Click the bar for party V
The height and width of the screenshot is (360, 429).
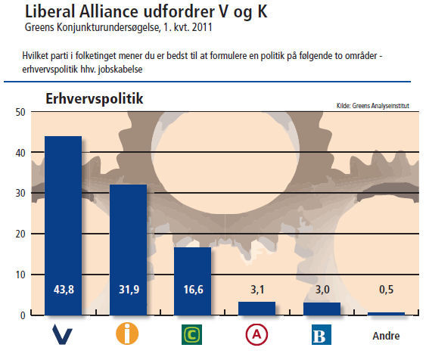click(64, 225)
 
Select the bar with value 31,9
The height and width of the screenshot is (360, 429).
click(128, 250)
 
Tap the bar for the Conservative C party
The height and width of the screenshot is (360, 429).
click(193, 281)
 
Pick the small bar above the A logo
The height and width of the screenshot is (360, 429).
click(257, 309)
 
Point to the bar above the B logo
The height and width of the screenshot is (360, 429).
click(322, 309)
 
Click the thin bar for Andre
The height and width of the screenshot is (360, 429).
click(387, 314)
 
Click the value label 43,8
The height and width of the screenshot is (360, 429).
click(64, 290)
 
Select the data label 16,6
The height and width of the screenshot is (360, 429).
click(194, 290)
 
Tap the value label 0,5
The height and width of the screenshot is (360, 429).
click(387, 290)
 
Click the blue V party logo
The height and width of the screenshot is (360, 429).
click(62, 334)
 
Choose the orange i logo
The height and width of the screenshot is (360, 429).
click(127, 334)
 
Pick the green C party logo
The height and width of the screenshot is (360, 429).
click(191, 334)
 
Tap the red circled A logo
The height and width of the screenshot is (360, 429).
click(256, 334)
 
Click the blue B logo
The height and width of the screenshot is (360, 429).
click(322, 335)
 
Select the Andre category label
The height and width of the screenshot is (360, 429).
click(386, 336)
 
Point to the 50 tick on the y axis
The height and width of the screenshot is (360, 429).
click(20, 112)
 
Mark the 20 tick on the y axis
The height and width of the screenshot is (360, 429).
click(20, 234)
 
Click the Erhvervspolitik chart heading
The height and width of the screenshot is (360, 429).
click(95, 99)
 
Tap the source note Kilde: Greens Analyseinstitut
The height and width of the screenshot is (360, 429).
click(373, 106)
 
